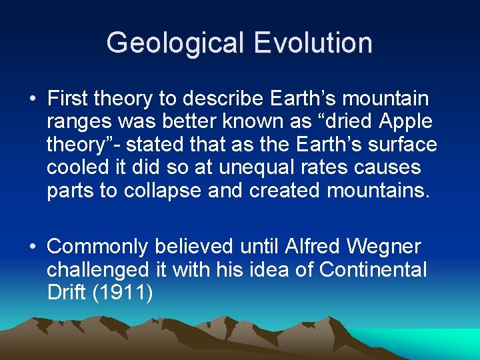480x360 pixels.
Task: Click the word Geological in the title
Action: pyautogui.click(x=175, y=43)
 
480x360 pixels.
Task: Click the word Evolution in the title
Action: pyautogui.click(x=312, y=43)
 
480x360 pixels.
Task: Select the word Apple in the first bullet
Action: pyautogui.click(x=405, y=122)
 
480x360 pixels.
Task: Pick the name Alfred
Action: pyautogui.click(x=310, y=247)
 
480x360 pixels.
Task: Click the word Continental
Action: pyautogui.click(x=373, y=270)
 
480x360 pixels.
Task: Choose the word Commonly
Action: pyautogui.click(x=97, y=247)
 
